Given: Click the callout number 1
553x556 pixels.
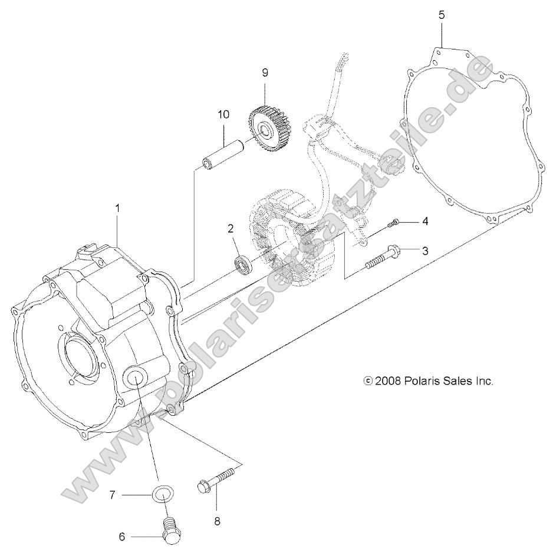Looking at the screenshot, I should pyautogui.click(x=118, y=208).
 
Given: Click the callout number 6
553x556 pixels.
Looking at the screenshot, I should pyautogui.click(x=122, y=537).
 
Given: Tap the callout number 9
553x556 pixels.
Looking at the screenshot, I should pyautogui.click(x=265, y=73).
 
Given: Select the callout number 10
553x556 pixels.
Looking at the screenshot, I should pyautogui.click(x=223, y=114).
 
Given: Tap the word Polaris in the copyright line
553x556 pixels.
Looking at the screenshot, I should pyautogui.click(x=419, y=381).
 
